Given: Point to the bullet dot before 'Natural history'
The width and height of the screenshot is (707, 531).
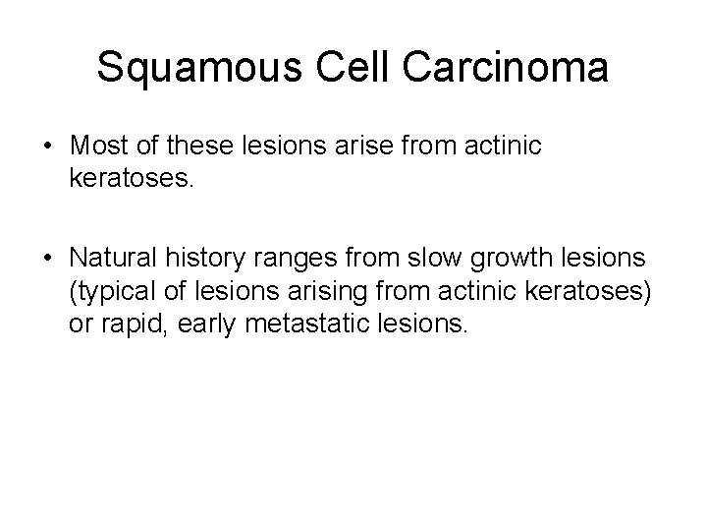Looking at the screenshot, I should (49, 261).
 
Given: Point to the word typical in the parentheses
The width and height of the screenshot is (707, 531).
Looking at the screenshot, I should (110, 294).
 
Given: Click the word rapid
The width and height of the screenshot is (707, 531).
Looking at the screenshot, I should (134, 326).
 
